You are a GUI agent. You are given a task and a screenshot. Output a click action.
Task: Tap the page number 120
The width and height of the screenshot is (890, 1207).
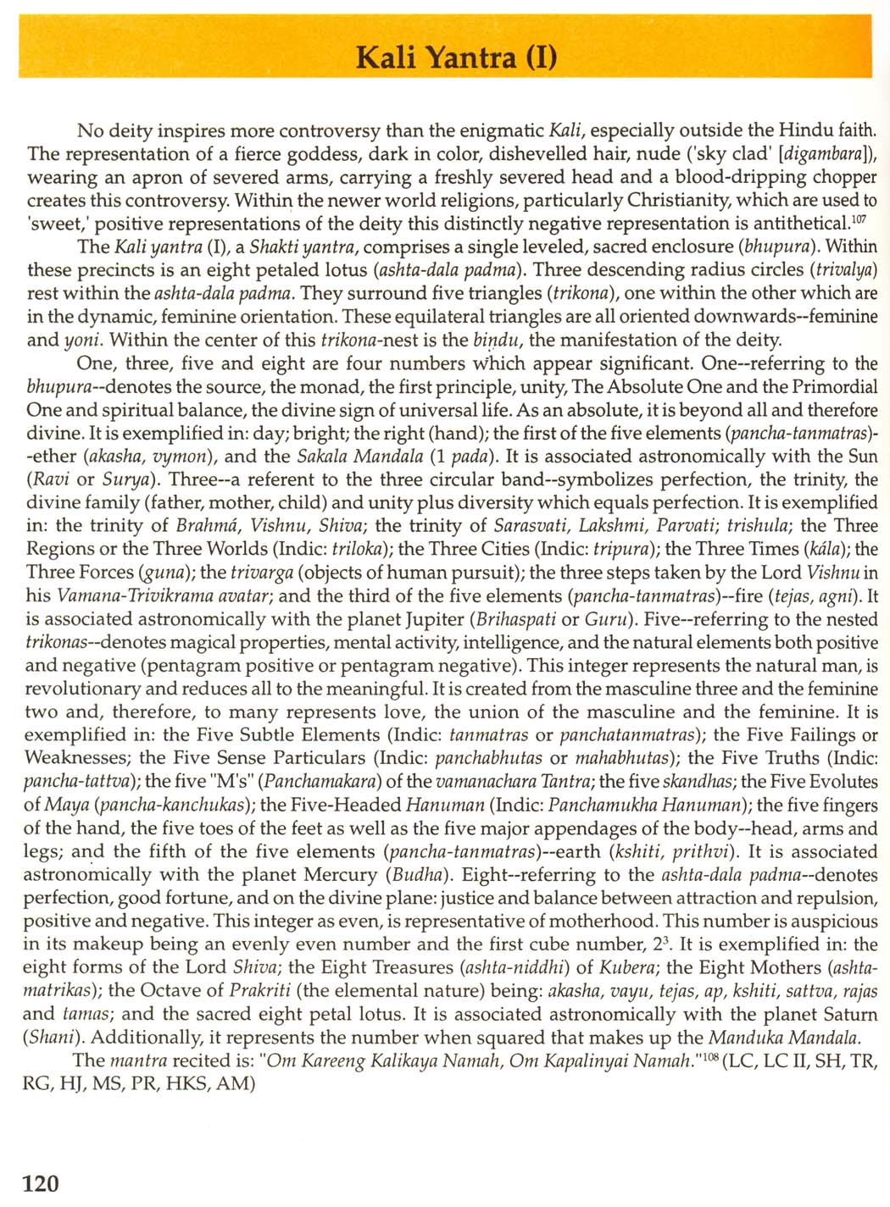click(x=41, y=1182)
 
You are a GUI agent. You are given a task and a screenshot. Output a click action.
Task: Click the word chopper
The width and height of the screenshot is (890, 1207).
click(x=837, y=177)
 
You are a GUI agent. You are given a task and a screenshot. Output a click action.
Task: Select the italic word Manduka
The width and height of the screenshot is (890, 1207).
click(x=747, y=1037)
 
